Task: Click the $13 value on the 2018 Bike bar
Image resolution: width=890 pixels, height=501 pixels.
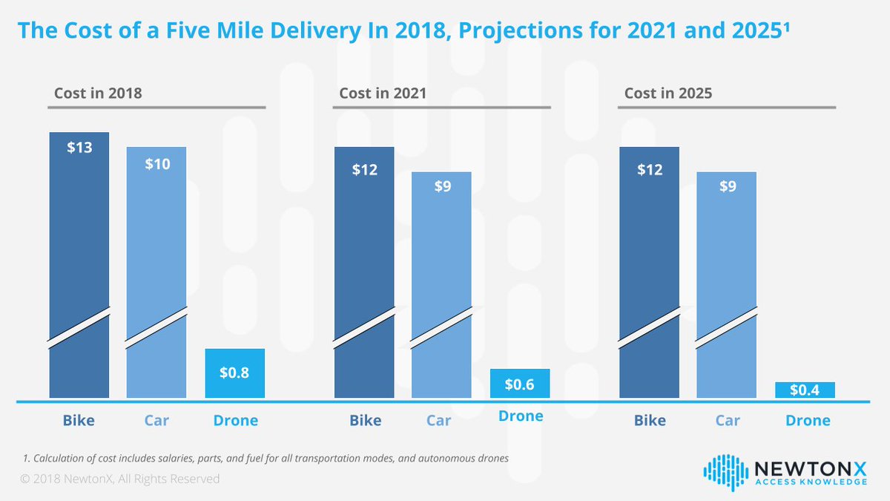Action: [x=79, y=147]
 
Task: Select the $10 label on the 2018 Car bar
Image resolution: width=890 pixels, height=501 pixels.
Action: [x=156, y=164]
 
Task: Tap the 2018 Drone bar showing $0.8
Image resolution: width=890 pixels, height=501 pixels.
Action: [x=234, y=373]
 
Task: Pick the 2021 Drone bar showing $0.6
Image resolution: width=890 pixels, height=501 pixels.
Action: [x=520, y=384]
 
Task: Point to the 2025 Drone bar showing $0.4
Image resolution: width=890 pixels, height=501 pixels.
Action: [x=805, y=390]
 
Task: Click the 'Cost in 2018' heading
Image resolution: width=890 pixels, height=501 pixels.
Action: [x=98, y=94]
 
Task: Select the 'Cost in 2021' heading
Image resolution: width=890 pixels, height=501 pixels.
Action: [x=383, y=94]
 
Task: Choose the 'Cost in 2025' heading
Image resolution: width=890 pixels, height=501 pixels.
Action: [x=668, y=94]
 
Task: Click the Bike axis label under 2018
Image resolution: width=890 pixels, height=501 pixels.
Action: [x=79, y=421]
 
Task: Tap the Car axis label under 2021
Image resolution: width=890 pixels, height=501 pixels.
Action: [x=439, y=421]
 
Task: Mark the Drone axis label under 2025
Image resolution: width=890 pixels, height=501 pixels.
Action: [x=808, y=421]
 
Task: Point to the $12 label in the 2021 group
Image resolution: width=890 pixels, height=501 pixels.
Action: [x=365, y=169]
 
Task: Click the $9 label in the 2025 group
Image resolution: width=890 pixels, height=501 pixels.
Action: [x=728, y=186]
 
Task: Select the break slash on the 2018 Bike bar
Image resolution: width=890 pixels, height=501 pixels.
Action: [x=79, y=328]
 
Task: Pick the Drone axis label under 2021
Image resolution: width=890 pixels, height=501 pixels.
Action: [x=521, y=416]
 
